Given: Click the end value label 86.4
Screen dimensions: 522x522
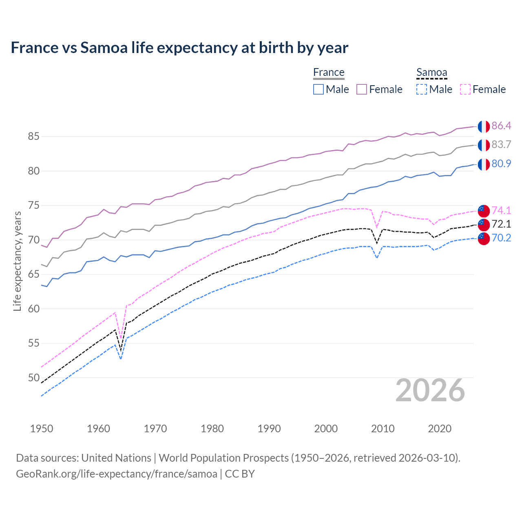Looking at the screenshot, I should click(x=501, y=126).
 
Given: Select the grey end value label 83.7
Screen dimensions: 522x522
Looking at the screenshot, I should click(x=501, y=145).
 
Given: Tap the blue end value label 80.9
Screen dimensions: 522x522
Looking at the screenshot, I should click(x=501, y=164).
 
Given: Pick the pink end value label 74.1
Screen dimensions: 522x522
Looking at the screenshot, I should click(x=501, y=210).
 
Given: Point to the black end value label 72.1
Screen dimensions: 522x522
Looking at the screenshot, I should click(x=501, y=224).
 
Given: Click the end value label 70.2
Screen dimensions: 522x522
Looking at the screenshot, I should click(x=501, y=238).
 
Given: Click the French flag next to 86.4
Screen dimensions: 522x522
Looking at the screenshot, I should click(x=484, y=126).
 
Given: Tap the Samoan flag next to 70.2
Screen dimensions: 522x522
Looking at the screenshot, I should click(x=484, y=239).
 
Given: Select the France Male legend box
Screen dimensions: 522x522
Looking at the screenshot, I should click(x=319, y=89).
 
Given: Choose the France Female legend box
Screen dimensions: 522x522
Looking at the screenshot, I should click(x=362, y=89).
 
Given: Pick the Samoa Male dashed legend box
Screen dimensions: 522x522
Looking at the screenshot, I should click(x=422, y=89).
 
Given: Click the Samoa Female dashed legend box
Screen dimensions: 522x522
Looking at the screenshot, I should click(x=465, y=89).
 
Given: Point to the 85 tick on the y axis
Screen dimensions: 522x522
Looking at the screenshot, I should click(x=33, y=137).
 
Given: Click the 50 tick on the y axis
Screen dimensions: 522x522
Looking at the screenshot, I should click(x=33, y=378).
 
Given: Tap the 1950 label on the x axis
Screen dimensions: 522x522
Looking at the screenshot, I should click(x=42, y=429).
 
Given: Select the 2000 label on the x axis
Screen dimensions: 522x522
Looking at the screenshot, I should click(x=326, y=429).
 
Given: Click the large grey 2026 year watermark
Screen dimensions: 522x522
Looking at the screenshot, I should click(x=430, y=390).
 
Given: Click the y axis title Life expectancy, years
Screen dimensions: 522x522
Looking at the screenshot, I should click(x=17, y=261).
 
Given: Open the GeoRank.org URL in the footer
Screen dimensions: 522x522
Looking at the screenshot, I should click(x=117, y=474).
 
